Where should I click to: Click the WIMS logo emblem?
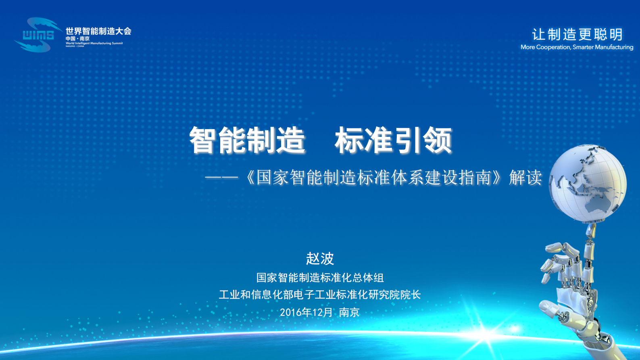(38, 35)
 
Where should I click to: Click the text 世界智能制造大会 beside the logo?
(98, 31)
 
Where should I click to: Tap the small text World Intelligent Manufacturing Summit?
(94, 43)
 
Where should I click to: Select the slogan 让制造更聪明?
(577, 34)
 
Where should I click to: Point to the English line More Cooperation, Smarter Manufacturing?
(577, 47)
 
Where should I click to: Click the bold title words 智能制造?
(247, 140)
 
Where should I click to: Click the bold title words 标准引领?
(393, 140)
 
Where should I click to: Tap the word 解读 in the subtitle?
(525, 178)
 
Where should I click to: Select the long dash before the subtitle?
(221, 178)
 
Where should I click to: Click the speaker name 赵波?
(320, 258)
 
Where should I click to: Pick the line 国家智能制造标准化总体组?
(320, 278)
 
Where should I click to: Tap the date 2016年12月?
(306, 312)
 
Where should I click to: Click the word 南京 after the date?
(349, 312)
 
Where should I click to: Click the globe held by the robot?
(588, 184)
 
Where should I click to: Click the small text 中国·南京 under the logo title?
(78, 39)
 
